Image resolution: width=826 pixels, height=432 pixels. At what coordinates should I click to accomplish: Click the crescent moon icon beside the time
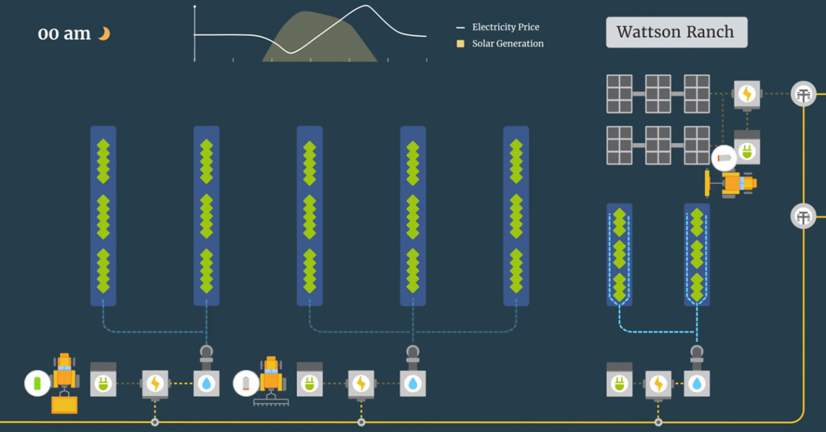click(x=104, y=33)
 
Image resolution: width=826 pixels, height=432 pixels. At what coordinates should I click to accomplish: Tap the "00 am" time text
click(x=64, y=34)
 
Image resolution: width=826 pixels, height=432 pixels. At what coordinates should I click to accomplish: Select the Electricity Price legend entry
click(x=505, y=27)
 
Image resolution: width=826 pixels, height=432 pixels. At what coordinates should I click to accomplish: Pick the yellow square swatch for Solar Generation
click(x=460, y=43)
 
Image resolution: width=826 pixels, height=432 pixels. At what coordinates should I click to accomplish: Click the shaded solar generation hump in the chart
click(x=324, y=38)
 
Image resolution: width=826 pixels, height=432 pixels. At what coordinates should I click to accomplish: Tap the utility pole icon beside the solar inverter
click(x=803, y=94)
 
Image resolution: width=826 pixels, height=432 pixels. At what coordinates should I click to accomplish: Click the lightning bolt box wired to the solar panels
click(x=747, y=94)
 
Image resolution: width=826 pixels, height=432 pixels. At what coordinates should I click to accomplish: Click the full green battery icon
click(x=37, y=382)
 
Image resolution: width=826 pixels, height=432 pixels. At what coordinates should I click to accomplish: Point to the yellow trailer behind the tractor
click(x=64, y=404)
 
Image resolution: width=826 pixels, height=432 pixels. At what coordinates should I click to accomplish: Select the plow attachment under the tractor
click(x=270, y=401)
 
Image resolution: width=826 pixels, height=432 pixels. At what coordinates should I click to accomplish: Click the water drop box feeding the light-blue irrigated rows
click(x=697, y=383)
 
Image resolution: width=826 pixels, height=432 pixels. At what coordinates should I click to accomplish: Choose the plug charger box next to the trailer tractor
click(x=103, y=382)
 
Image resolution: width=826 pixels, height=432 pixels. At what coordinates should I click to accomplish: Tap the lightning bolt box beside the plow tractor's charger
click(x=361, y=383)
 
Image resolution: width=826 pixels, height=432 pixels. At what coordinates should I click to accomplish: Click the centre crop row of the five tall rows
click(x=310, y=215)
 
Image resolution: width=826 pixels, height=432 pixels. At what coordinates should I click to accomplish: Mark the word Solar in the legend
click(x=484, y=43)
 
